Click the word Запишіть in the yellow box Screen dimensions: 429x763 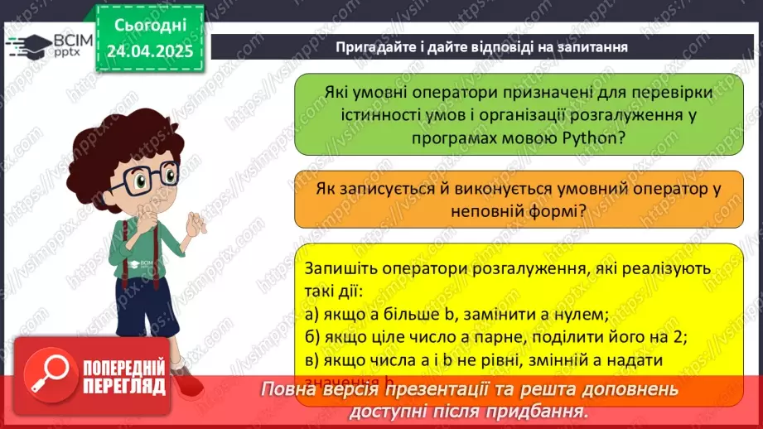click(x=337, y=269)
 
